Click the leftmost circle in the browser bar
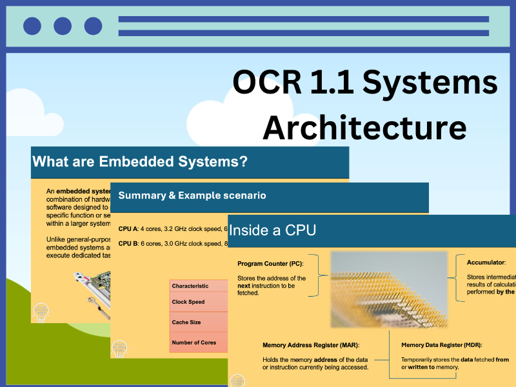[32, 26]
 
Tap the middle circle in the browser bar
[63, 26]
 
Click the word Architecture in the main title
[364, 127]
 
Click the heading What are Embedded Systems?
[140, 162]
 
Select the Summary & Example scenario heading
[192, 195]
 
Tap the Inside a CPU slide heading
[273, 230]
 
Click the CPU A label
[130, 228]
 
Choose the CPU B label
[130, 243]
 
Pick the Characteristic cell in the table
[190, 286]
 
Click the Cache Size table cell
[186, 322]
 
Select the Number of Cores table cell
[194, 342]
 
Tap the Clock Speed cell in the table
[188, 301]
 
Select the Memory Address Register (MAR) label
[311, 345]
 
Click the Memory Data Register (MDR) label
[441, 345]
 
